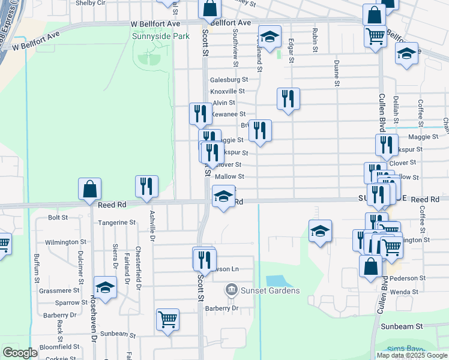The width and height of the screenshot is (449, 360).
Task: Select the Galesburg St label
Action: click(229, 79)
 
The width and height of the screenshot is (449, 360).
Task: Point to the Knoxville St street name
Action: click(228, 91)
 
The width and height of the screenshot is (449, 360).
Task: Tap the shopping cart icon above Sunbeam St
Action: click(167, 319)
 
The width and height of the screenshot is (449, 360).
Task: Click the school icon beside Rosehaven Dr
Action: click(105, 287)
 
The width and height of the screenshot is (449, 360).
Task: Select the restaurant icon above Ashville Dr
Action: click(146, 186)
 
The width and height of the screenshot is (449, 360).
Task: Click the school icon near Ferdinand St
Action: click(270, 37)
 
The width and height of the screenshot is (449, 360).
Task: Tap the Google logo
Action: click(20, 352)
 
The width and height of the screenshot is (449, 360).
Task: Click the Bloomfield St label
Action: click(59, 347)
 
